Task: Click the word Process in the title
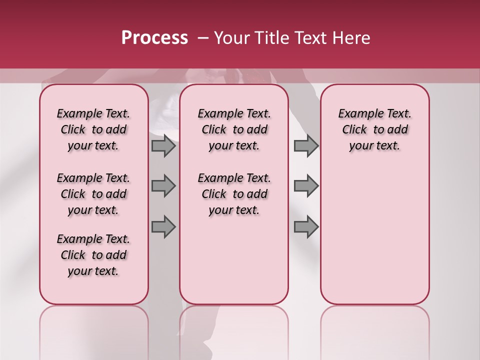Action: [x=154, y=38]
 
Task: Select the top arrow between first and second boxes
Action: [x=163, y=146]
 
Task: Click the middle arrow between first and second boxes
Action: [x=163, y=186]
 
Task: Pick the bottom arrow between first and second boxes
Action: [x=163, y=227]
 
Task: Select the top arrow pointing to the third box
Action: [x=306, y=146]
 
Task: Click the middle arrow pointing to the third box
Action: [x=306, y=186]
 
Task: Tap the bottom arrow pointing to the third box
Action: [x=306, y=227]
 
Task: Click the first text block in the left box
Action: [x=93, y=129]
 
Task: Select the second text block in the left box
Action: [x=93, y=194]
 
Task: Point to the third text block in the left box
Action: [x=93, y=255]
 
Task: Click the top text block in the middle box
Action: [x=234, y=129]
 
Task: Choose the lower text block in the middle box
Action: [x=234, y=194]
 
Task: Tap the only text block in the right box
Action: [x=375, y=129]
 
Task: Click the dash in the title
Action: [x=202, y=38]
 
